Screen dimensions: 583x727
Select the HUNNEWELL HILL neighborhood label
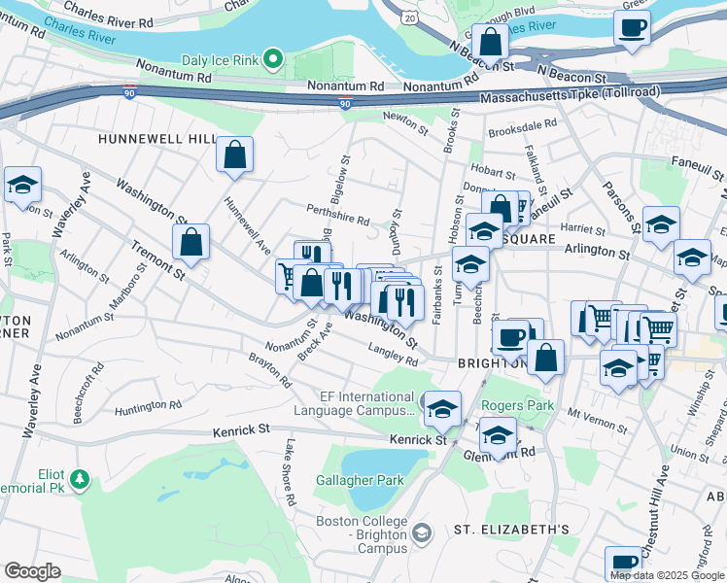coord(156,139)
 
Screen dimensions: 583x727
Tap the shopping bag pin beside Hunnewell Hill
coord(235,154)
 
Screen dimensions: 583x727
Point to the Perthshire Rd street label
coord(337,222)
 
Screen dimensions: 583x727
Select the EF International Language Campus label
coord(368,404)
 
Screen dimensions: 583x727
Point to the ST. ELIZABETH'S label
coord(511,530)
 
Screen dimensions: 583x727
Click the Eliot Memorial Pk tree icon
coord(79,479)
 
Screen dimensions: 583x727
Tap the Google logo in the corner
coord(32,571)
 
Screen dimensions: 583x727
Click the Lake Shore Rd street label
coord(290,472)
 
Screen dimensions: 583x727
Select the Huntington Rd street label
coord(149,405)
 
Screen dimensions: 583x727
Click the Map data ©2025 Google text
coord(667,575)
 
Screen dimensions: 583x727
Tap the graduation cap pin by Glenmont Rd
coord(498,438)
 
